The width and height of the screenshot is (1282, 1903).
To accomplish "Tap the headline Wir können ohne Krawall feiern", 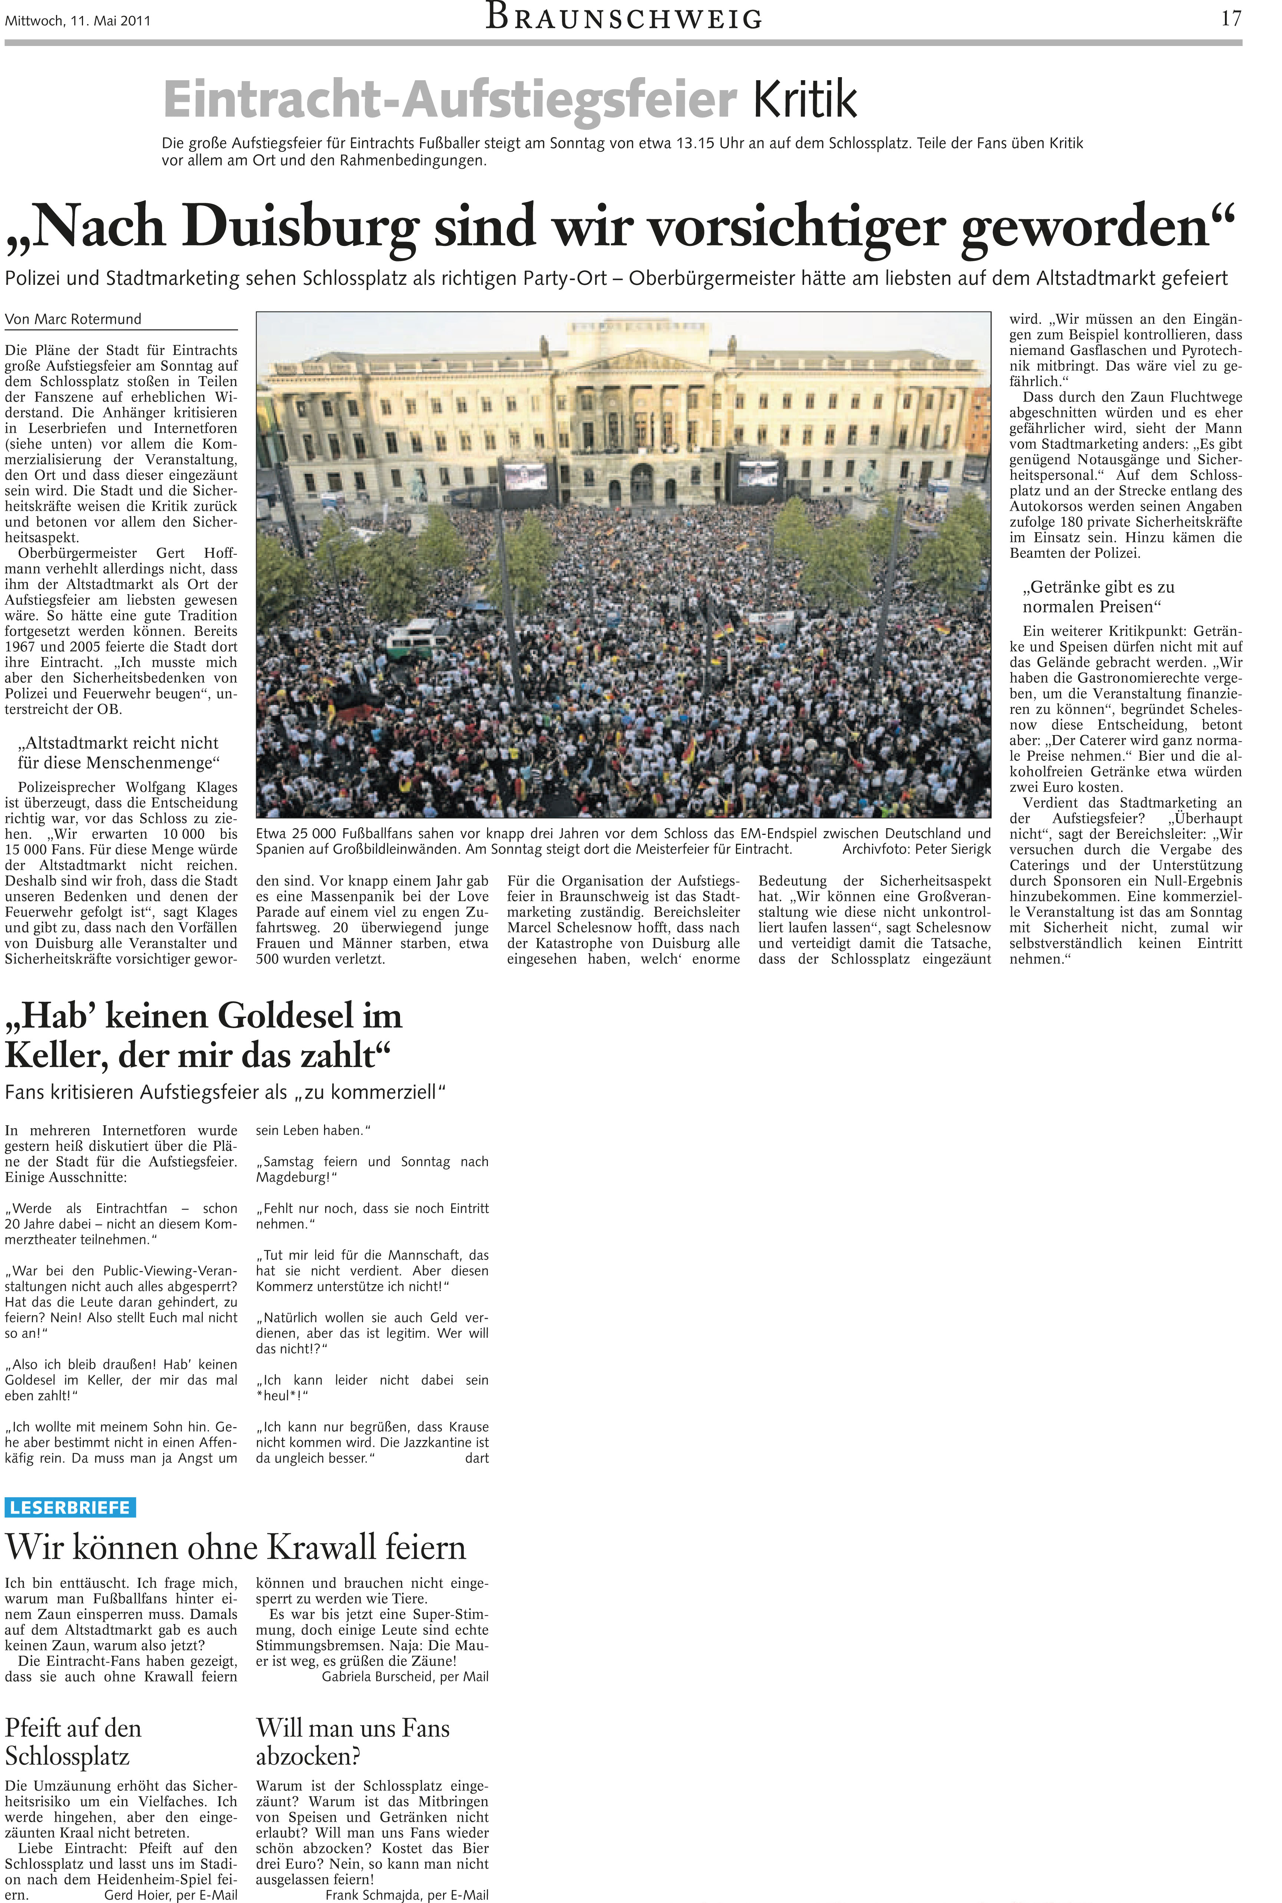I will (235, 1547).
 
